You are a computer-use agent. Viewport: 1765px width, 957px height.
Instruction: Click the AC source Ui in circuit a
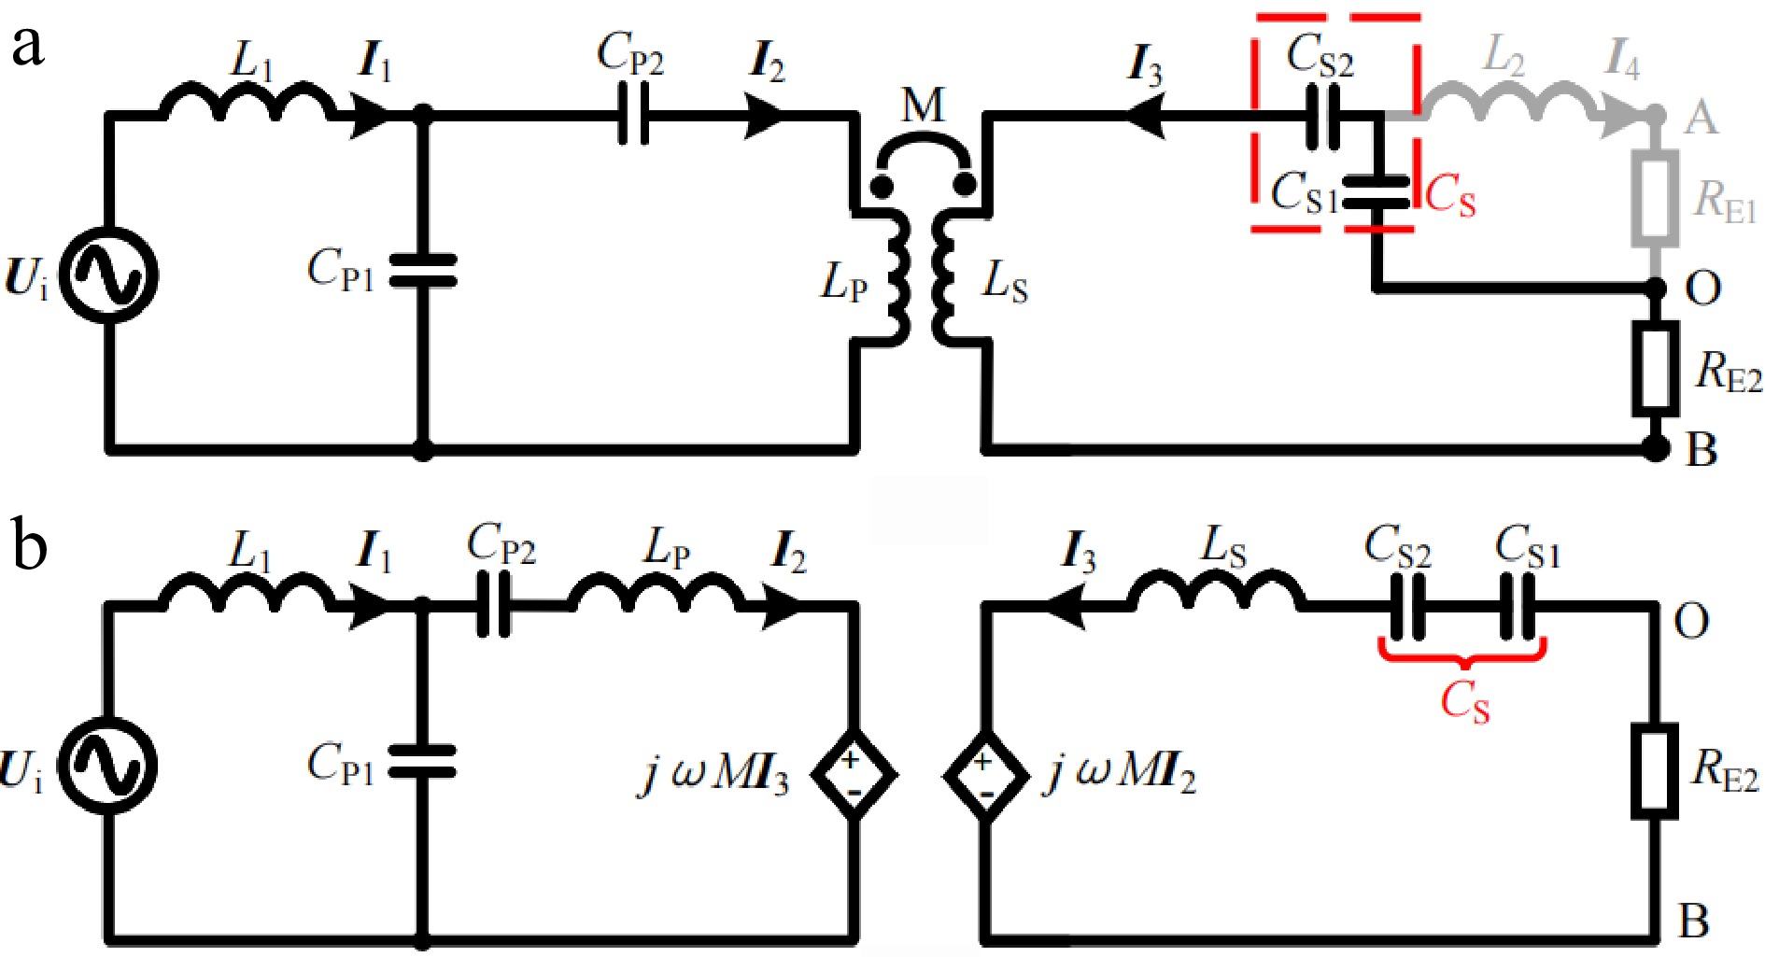click(109, 275)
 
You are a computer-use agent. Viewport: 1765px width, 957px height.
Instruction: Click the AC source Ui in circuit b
click(109, 766)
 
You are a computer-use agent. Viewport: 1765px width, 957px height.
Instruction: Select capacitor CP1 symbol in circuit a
click(422, 271)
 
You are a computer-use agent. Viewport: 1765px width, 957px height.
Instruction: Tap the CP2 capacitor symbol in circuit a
click(634, 115)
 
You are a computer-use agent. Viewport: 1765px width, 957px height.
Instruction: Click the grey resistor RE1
click(1655, 198)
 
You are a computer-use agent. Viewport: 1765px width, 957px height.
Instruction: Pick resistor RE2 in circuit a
click(1655, 367)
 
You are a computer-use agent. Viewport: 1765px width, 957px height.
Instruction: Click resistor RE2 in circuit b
click(1655, 771)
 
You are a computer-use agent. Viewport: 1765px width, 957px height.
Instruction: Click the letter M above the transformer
click(923, 106)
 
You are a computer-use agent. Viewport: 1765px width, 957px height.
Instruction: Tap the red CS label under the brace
click(1464, 702)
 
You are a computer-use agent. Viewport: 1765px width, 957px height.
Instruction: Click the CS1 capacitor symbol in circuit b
click(1518, 607)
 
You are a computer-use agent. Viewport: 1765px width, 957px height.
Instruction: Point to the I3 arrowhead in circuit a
click(1144, 116)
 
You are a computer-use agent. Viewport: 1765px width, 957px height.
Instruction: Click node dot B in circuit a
click(1655, 449)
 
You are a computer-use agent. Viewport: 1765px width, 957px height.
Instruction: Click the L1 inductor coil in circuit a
click(247, 101)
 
